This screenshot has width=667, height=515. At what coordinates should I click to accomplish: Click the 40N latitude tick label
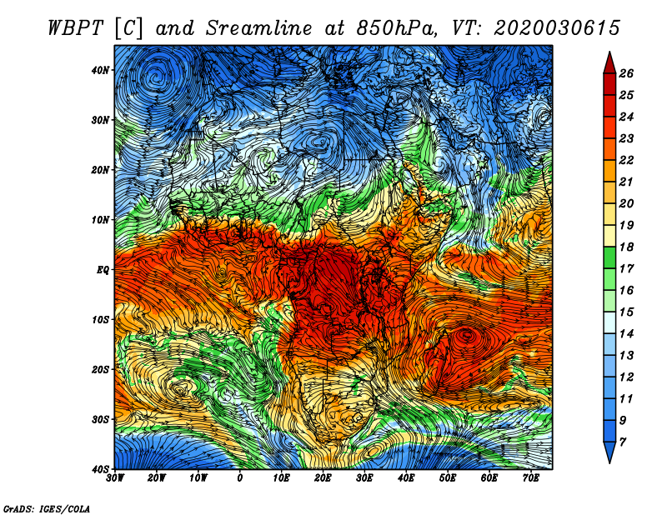(x=100, y=70)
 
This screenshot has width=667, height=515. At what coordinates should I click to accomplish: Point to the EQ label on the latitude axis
(x=103, y=270)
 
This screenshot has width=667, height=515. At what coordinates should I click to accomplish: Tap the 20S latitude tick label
(x=100, y=369)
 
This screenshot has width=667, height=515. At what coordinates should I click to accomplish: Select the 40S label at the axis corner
(x=100, y=469)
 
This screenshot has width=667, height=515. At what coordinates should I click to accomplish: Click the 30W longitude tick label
(x=115, y=478)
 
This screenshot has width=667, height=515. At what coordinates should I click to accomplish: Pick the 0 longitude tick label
(x=240, y=478)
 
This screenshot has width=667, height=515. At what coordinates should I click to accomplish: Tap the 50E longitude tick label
(x=448, y=478)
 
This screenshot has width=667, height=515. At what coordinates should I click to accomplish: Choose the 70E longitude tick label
(x=531, y=478)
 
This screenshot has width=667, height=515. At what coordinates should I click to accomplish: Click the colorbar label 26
(x=626, y=73)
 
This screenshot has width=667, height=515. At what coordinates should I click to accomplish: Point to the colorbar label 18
(x=626, y=247)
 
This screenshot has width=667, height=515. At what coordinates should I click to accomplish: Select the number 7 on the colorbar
(x=623, y=442)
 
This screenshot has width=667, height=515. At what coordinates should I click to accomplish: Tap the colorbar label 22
(x=626, y=160)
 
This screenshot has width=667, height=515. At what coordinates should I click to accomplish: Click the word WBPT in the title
(x=76, y=28)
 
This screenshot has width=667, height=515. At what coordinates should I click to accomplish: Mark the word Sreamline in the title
(x=258, y=28)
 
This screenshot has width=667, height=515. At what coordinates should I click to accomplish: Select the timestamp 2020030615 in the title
(x=557, y=28)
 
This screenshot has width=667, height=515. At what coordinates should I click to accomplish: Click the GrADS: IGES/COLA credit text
(x=47, y=508)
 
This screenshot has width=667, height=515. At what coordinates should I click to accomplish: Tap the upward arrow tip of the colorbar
(x=609, y=52)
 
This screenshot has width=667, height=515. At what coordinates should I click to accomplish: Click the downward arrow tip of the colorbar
(x=609, y=462)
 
